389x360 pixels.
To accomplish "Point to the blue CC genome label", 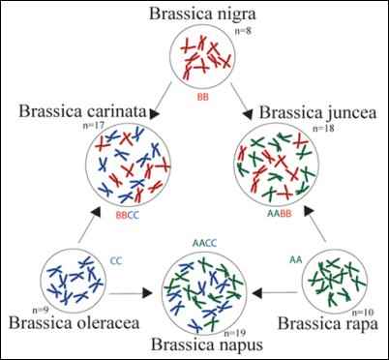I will tap(114, 259).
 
